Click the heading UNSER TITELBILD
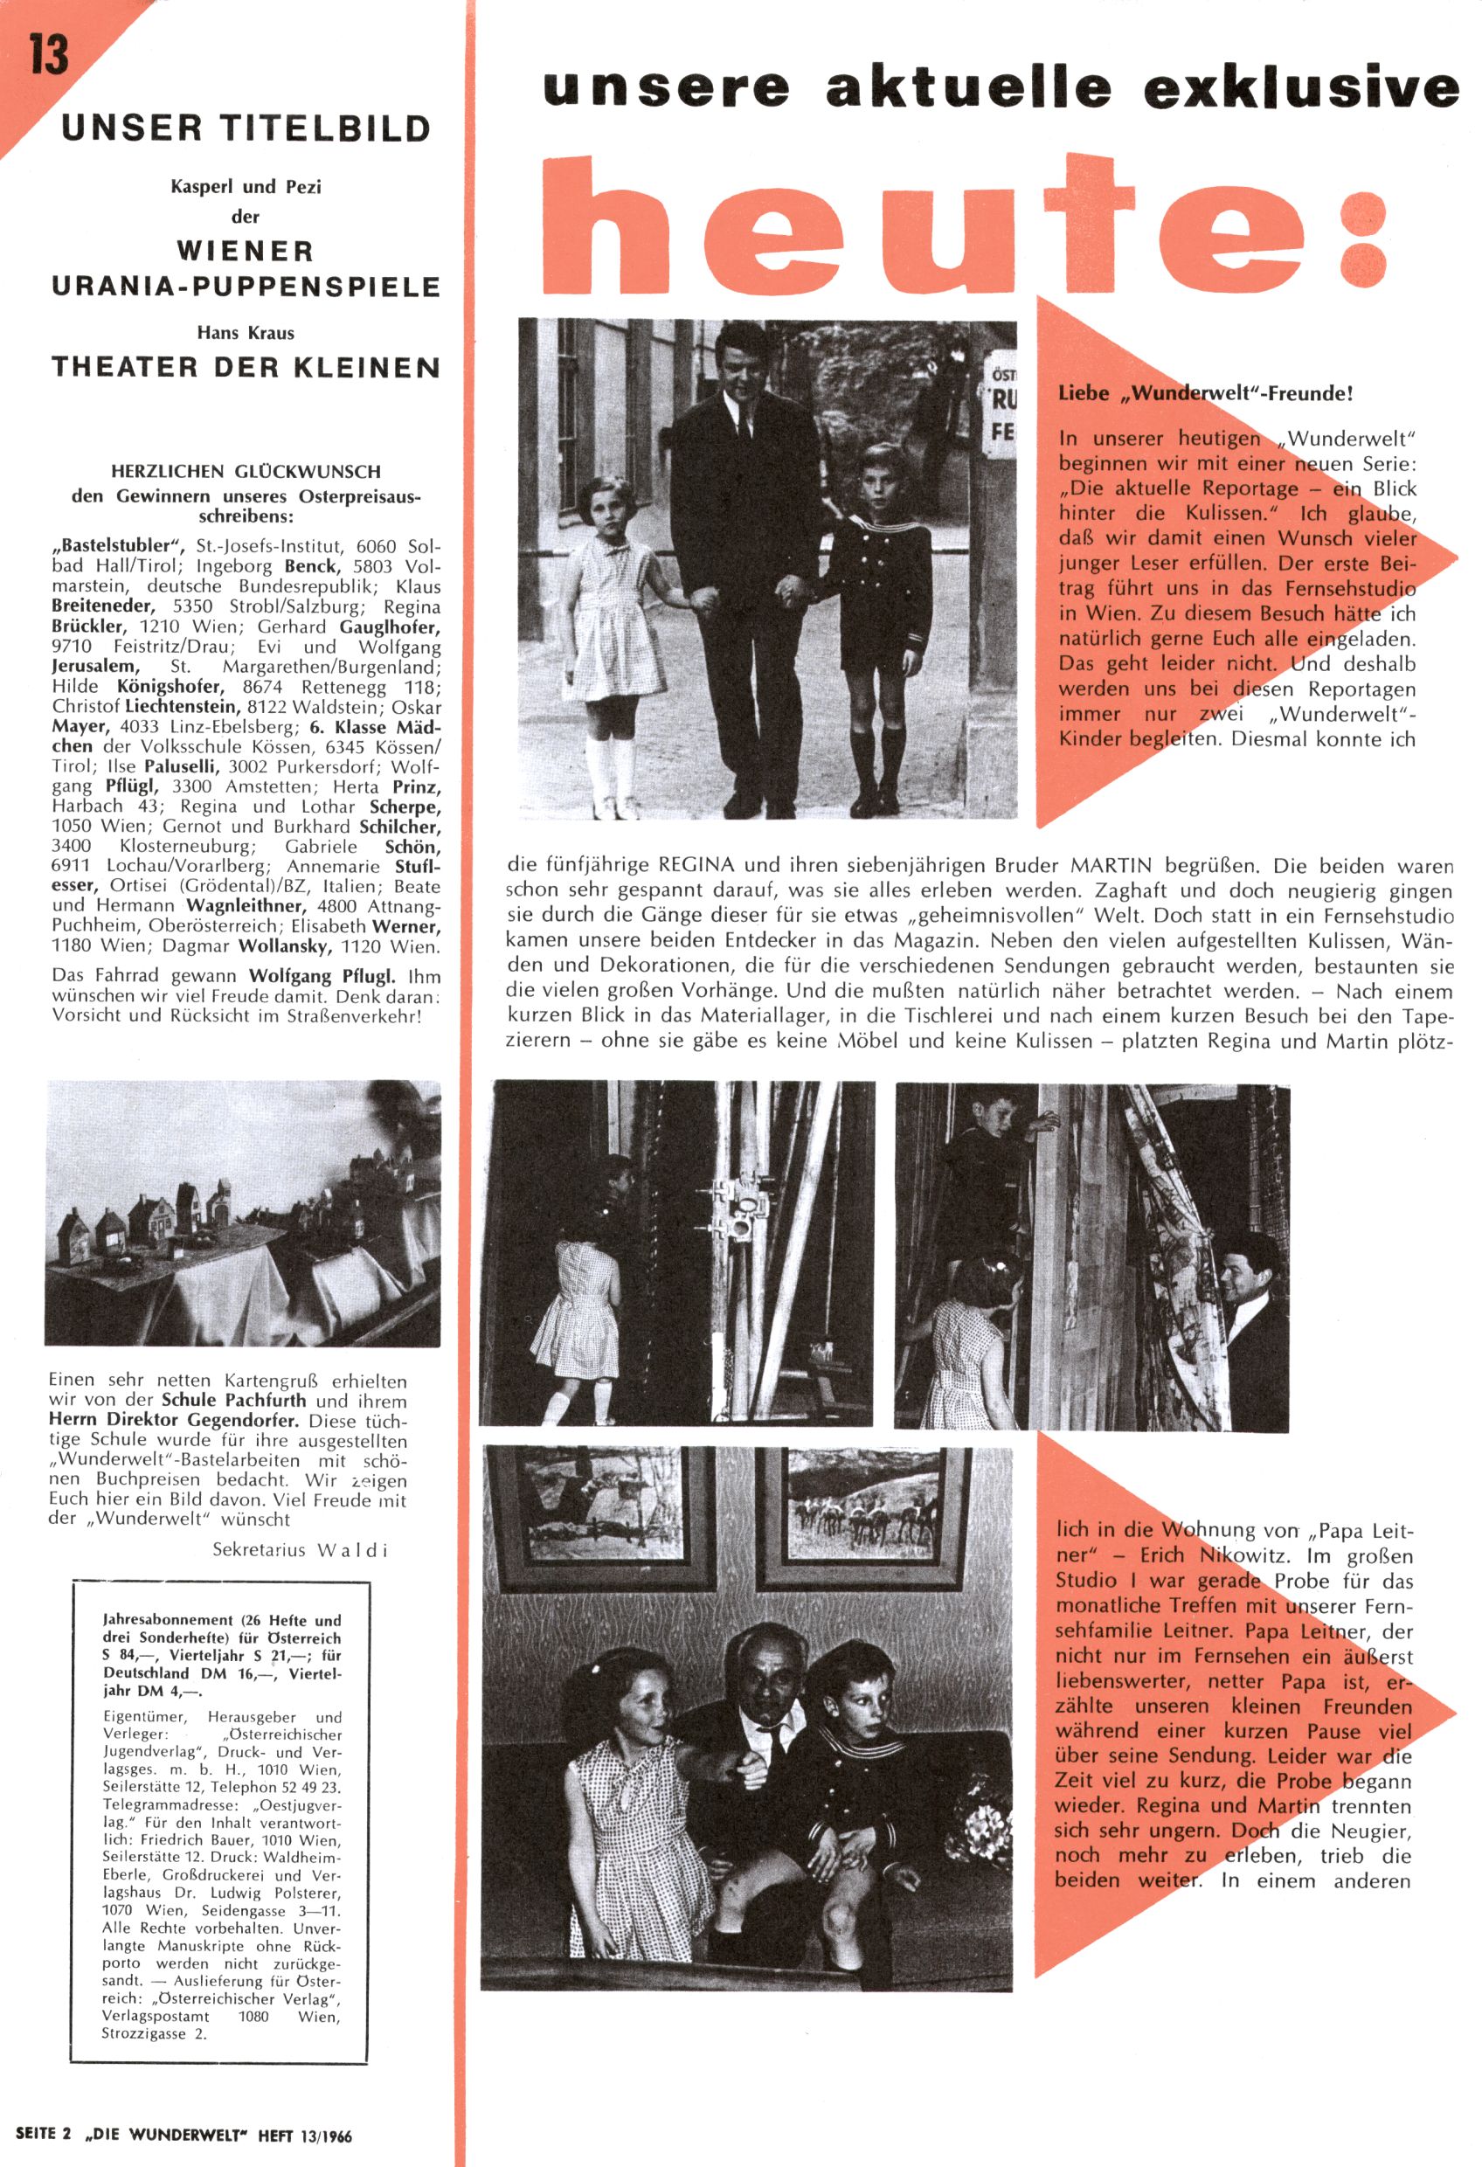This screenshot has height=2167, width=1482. (246, 128)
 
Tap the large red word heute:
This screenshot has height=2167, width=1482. (970, 225)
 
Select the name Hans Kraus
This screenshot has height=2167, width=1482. (246, 332)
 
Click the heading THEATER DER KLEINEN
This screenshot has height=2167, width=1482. (246, 367)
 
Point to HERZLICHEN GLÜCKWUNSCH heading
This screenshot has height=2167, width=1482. (246, 472)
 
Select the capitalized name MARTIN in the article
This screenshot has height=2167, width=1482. (1110, 866)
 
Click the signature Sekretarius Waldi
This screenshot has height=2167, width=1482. (300, 1550)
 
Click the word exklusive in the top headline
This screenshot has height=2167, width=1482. (1301, 89)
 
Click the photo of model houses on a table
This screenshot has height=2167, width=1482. (244, 1212)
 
